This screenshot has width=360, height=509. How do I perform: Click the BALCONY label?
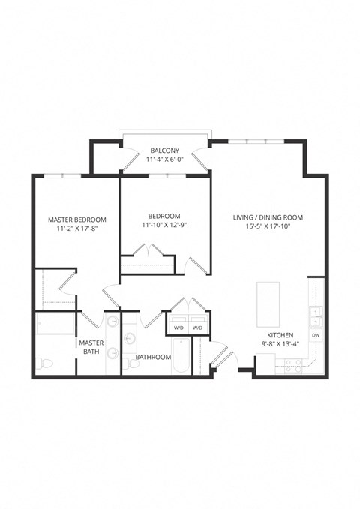163,150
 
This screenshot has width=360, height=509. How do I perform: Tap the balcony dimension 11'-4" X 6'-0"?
163,160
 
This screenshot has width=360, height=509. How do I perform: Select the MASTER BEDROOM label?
76,220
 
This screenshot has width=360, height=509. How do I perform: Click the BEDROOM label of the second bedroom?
164,216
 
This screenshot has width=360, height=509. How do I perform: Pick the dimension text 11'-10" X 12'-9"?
164,225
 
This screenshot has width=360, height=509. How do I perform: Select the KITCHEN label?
280,335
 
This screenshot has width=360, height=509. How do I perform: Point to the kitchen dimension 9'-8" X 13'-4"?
280,345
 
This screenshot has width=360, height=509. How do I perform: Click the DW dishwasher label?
316,335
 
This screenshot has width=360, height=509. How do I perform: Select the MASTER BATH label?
91,347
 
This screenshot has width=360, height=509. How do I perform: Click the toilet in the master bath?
46,364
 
